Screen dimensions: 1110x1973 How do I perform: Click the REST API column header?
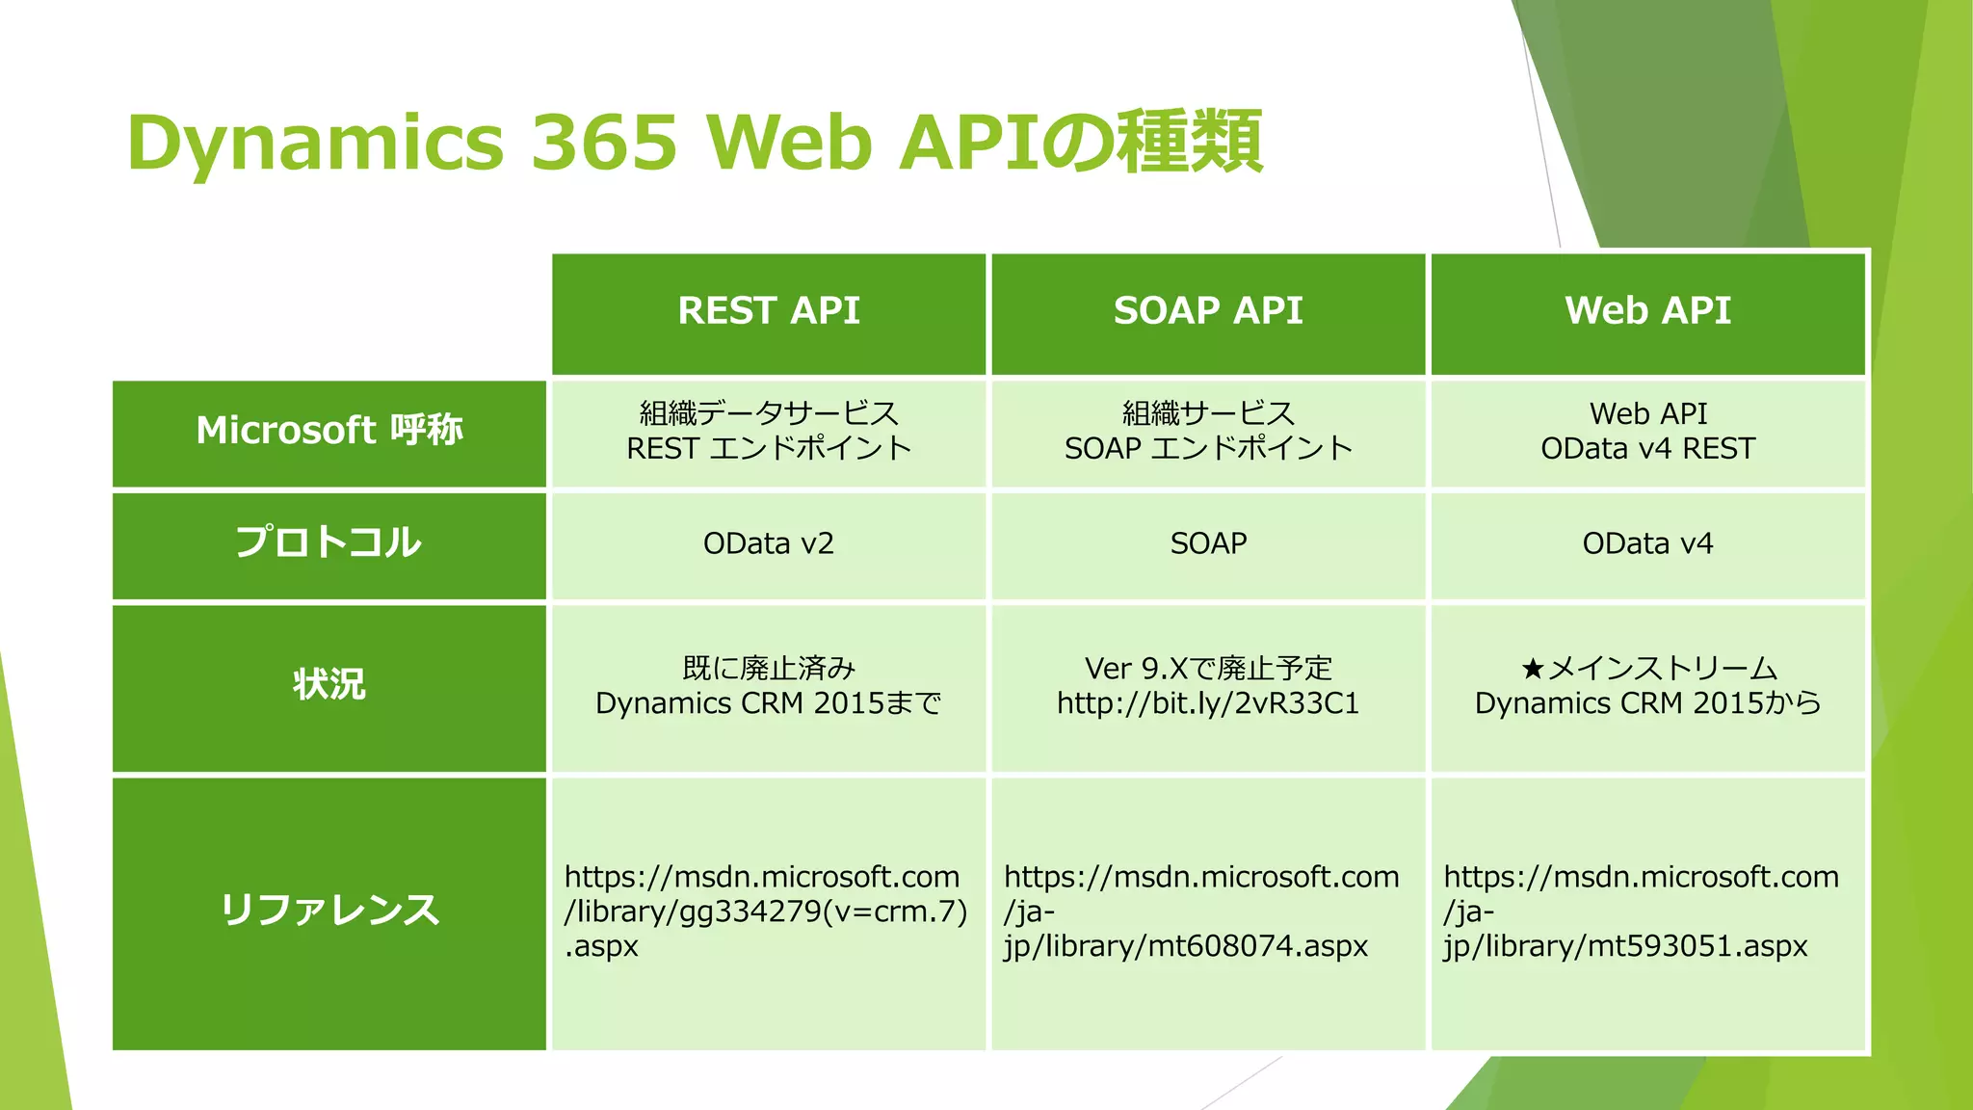pyautogui.click(x=768, y=311)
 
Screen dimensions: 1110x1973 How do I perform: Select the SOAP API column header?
pyautogui.click(x=1207, y=311)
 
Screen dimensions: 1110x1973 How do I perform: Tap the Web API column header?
pyautogui.click(x=1647, y=311)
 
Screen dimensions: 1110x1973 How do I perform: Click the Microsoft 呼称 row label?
pyautogui.click(x=329, y=431)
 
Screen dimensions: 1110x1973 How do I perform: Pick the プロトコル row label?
pyautogui.click(x=329, y=542)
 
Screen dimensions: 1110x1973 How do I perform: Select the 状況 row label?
pyautogui.click(x=329, y=685)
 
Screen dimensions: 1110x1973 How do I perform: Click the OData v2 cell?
pyautogui.click(x=768, y=544)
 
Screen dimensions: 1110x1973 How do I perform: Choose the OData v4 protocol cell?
pyautogui.click(x=1647, y=544)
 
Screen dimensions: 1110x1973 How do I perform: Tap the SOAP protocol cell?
pyautogui.click(x=1207, y=544)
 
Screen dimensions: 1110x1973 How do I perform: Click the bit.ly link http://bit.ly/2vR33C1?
pyautogui.click(x=1207, y=704)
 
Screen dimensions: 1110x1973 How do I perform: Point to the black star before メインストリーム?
pyautogui.click(x=1532, y=669)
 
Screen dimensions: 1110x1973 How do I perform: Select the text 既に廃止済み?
pyautogui.click(x=768, y=669)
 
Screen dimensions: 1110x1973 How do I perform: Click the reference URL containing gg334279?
pyautogui.click(x=766, y=912)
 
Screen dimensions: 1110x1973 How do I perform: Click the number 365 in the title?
pyautogui.click(x=604, y=143)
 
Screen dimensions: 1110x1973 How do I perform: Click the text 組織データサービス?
pyautogui.click(x=768, y=413)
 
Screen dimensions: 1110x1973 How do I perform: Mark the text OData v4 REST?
pyautogui.click(x=1647, y=449)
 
